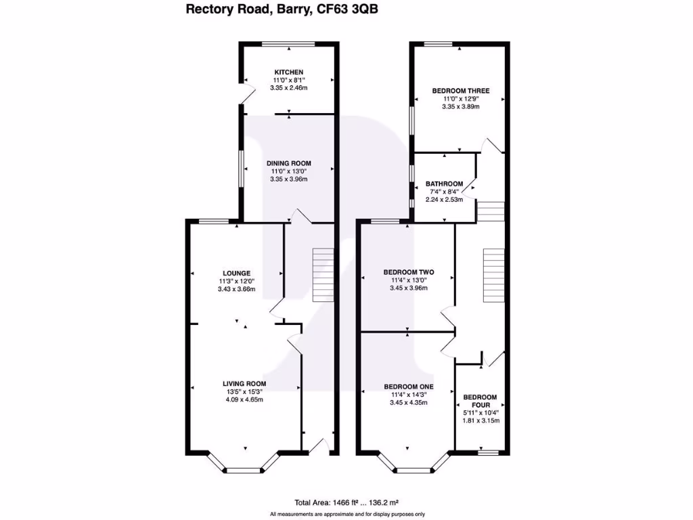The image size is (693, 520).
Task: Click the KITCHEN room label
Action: tap(288, 72)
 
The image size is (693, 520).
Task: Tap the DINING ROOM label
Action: tap(288, 163)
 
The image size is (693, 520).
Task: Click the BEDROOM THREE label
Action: tap(460, 91)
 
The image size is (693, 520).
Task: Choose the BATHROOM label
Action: tap(444, 183)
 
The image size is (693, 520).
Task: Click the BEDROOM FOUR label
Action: tap(480, 401)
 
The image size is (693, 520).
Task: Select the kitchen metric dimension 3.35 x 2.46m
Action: tap(288, 88)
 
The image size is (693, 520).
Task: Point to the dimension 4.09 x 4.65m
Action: tap(244, 399)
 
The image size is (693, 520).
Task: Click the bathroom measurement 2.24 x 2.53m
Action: tap(444, 200)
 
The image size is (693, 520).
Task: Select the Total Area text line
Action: tap(346, 502)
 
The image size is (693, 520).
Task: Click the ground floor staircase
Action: tap(323, 275)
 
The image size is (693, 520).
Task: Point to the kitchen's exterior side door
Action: tap(247, 95)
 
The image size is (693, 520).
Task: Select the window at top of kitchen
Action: tap(288, 45)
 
